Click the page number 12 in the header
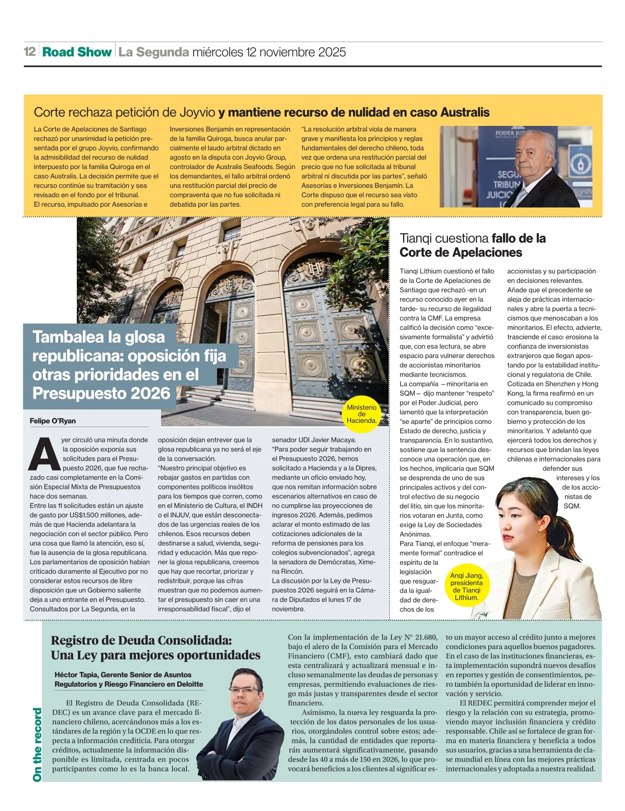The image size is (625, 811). click(x=30, y=52)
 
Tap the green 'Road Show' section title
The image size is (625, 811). click(x=77, y=52)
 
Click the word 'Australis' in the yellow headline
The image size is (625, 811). click(x=465, y=113)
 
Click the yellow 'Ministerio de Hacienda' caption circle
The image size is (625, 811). click(x=362, y=414)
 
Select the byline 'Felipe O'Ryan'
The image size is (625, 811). click(x=53, y=421)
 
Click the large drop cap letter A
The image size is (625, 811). click(x=44, y=454)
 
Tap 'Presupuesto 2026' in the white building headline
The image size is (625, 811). click(x=101, y=394)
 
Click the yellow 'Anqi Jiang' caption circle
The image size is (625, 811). click(x=466, y=586)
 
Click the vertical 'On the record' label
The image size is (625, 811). click(x=38, y=745)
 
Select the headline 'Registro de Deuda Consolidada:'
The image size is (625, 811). click(x=141, y=641)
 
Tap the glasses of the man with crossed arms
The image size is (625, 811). click(x=245, y=690)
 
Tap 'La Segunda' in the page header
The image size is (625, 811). click(x=154, y=52)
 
